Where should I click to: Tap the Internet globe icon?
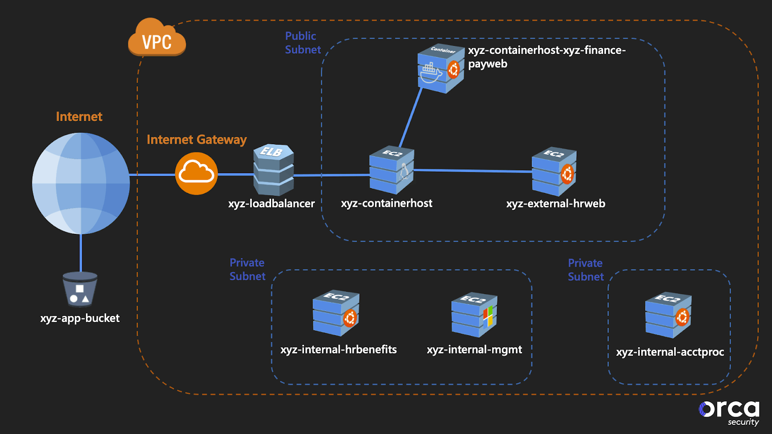point(81,183)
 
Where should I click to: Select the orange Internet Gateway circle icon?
point(196,174)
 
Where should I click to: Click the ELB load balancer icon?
point(274,170)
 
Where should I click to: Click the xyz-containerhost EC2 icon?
point(391,170)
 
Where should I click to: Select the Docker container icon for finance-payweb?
point(440,69)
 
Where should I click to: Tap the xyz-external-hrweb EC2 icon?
point(554,172)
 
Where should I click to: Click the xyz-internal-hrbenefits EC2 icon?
point(336,313)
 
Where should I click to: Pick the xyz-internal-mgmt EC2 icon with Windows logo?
point(474,315)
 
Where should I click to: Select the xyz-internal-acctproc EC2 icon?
point(668,315)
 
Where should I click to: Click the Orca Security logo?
point(729,413)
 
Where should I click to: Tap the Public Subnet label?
point(303,43)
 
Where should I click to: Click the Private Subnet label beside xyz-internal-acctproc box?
point(585,270)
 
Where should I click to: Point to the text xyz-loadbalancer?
point(271,203)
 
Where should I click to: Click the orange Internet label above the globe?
point(79,117)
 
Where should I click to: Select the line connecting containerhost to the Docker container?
point(411,118)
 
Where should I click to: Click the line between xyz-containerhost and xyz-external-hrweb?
point(473,171)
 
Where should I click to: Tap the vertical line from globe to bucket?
point(81,253)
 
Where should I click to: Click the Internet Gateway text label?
point(196,140)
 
